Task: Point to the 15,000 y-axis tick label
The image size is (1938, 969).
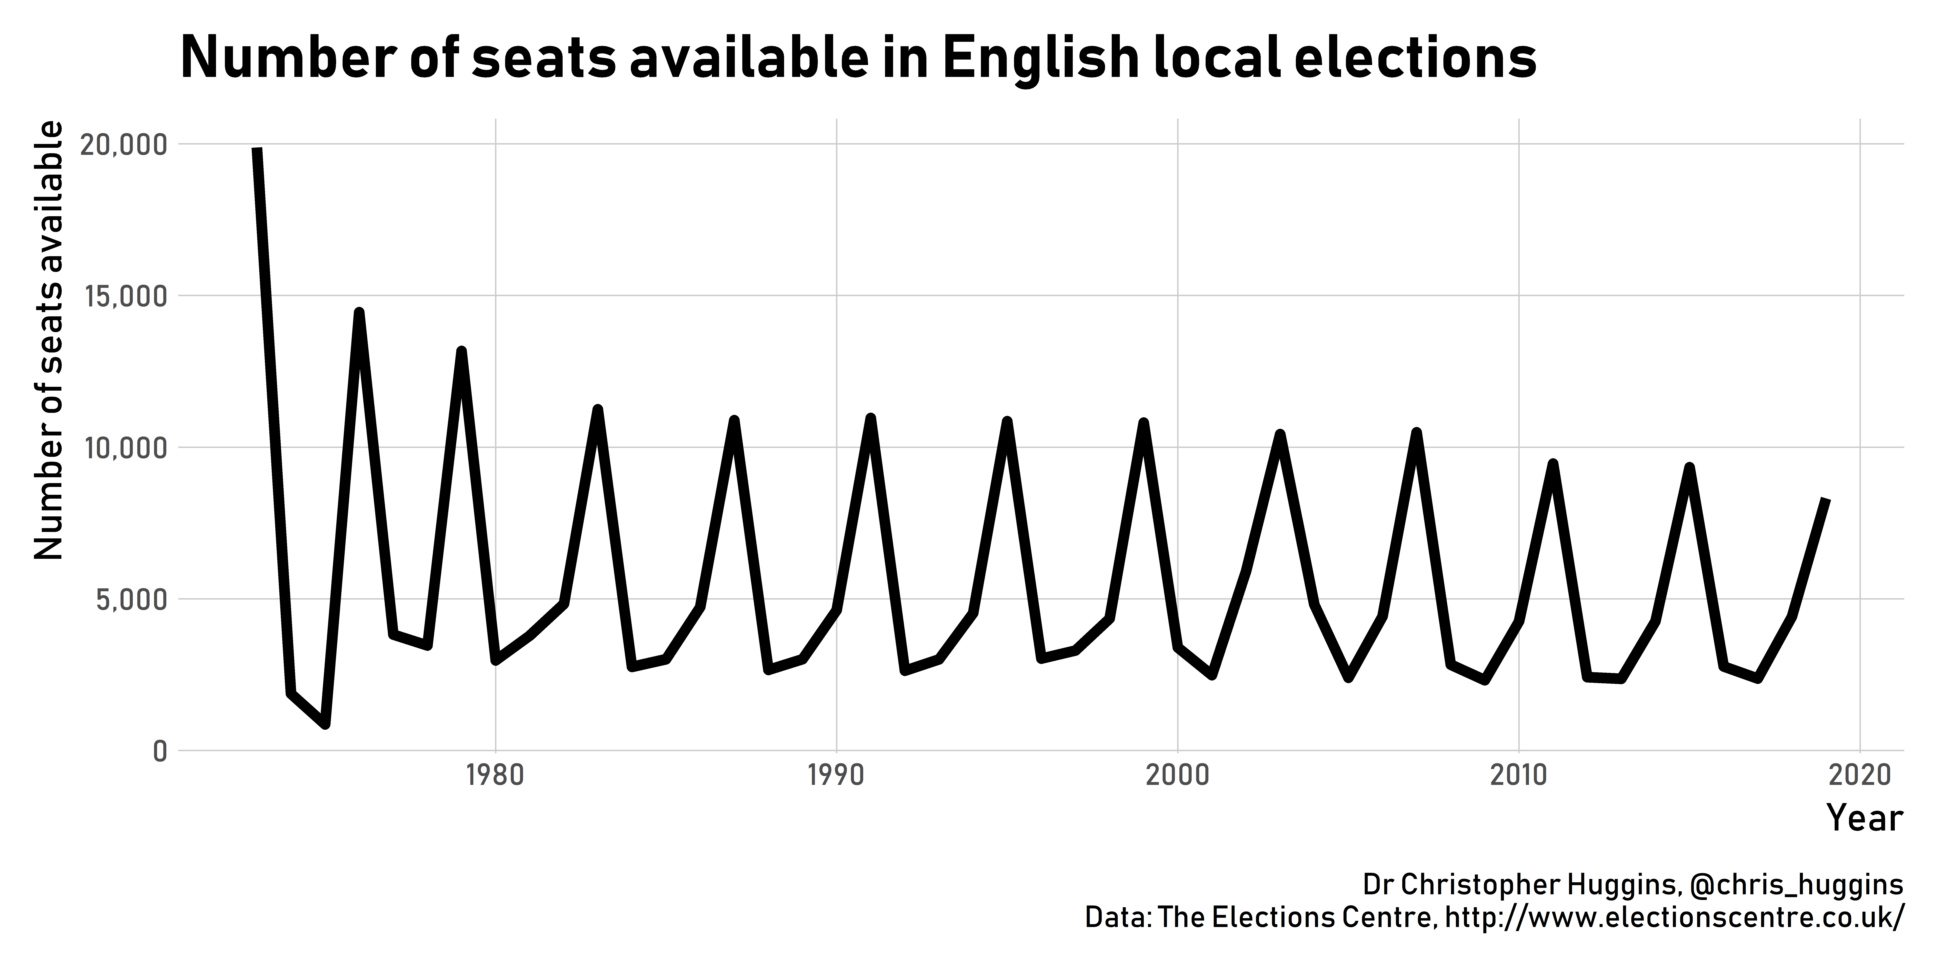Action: click(122, 296)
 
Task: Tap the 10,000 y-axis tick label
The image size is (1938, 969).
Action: click(122, 448)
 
